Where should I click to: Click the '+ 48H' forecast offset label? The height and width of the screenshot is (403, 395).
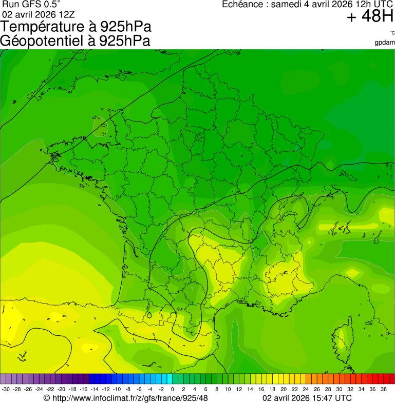[370, 16]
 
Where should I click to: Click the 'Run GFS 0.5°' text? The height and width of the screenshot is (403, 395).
[31, 5]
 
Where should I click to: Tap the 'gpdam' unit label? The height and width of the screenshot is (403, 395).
[385, 43]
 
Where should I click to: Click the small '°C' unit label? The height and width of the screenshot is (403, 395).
[392, 33]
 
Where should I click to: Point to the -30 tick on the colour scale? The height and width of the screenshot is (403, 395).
[6, 389]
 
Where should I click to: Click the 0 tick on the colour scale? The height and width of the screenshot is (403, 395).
[172, 389]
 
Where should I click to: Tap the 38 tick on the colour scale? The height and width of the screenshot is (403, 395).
[383, 389]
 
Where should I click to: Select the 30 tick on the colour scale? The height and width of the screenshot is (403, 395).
[338, 389]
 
